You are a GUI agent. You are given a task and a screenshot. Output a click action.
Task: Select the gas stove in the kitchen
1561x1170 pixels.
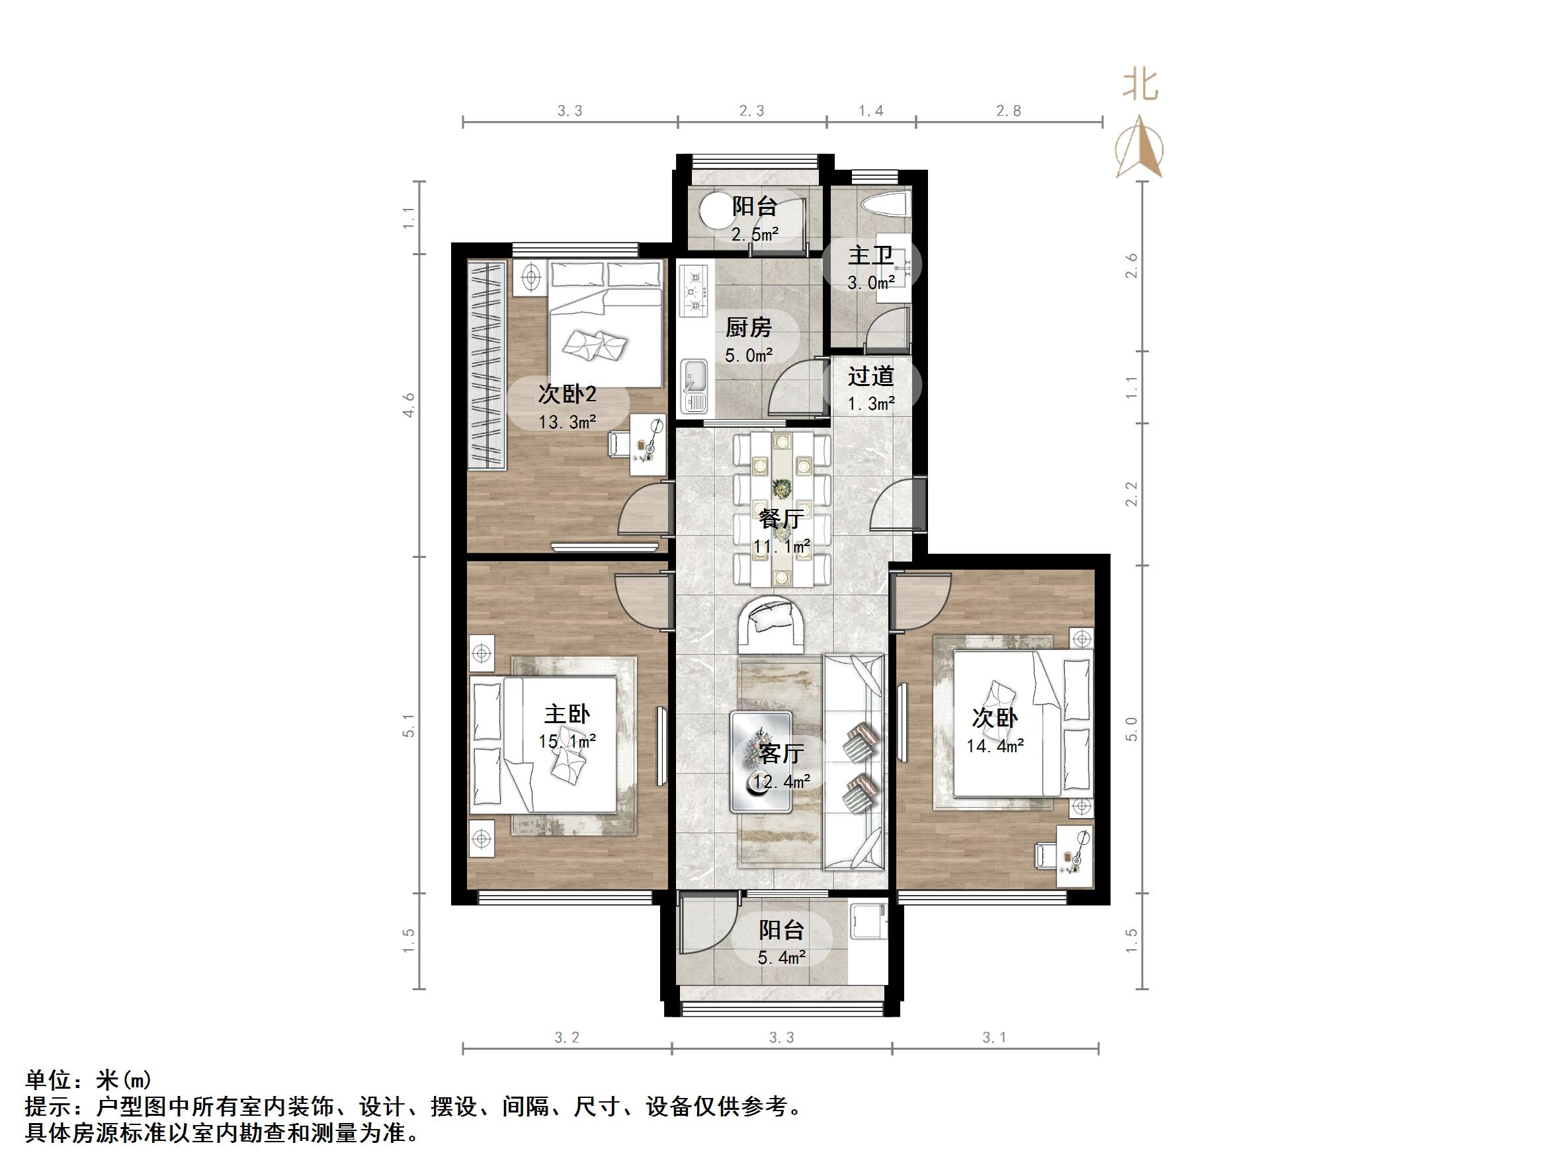tap(695, 290)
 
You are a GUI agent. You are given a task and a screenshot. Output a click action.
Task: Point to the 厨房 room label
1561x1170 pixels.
tap(748, 328)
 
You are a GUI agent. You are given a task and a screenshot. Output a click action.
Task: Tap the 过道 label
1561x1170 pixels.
tap(871, 376)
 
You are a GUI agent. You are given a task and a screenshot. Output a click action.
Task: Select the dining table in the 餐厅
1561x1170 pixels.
tap(780, 509)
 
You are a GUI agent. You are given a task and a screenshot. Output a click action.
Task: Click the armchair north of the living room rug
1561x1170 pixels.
tap(773, 623)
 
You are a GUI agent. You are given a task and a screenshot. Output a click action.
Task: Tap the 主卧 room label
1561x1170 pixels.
tap(567, 714)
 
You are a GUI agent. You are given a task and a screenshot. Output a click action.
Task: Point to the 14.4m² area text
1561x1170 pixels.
tap(994, 746)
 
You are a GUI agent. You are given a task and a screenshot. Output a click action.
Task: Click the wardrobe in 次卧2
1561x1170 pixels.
tap(486, 366)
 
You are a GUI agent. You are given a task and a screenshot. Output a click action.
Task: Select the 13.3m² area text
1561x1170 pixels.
tap(568, 422)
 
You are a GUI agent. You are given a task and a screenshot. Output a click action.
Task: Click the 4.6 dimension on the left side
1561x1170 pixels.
tap(409, 405)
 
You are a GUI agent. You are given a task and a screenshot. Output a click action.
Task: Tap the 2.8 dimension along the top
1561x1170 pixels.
tap(1009, 111)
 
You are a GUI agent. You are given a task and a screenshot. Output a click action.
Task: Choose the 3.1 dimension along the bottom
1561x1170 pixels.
tap(993, 1037)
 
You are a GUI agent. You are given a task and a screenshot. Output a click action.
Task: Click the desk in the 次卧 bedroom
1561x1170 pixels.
tap(1074, 856)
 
